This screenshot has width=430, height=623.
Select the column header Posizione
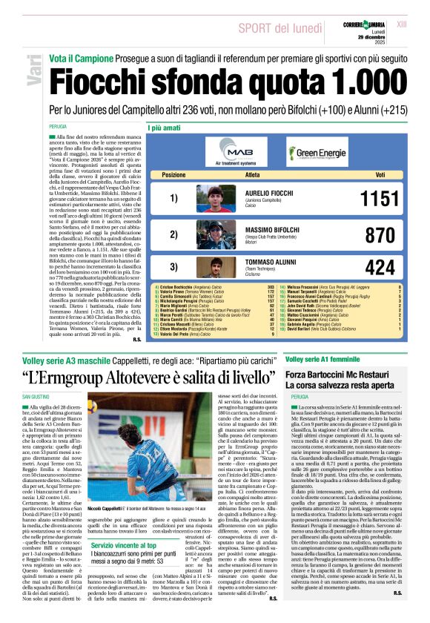pyautogui.click(x=173, y=175)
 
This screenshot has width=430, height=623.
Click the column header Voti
pyautogui.click(x=380, y=175)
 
